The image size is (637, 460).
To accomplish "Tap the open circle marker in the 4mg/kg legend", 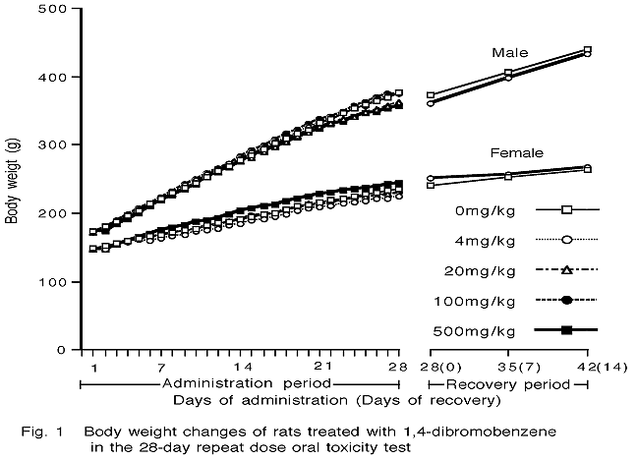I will coord(566,239).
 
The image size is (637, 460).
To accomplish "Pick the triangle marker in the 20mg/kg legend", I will coord(566,269).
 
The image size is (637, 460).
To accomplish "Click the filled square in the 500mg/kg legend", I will coord(566,330).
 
